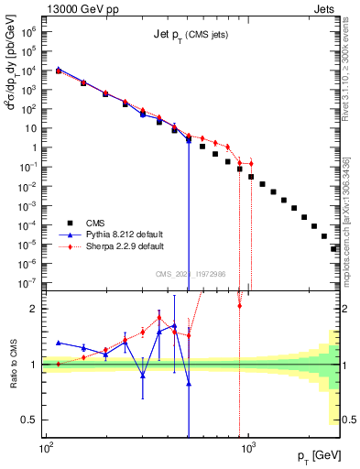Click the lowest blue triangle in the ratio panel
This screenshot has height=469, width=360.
tap(189, 384)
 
